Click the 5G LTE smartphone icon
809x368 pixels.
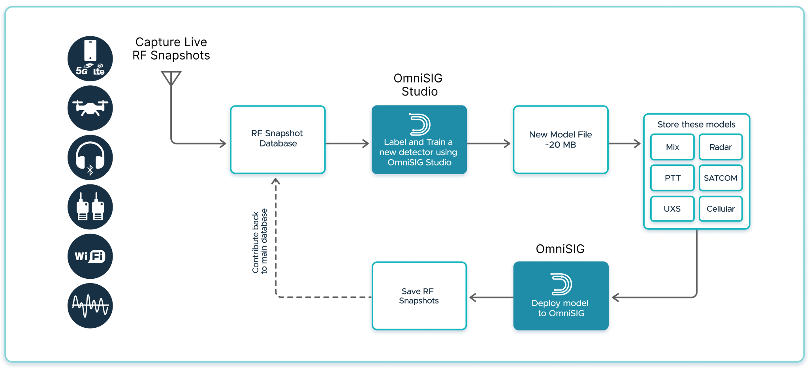(90, 59)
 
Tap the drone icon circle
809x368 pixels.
(90, 108)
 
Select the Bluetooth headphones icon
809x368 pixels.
(90, 158)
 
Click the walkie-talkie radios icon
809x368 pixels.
(90, 207)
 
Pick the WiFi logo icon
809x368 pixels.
(90, 256)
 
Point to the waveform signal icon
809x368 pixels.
(90, 306)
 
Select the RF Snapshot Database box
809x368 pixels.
(277, 139)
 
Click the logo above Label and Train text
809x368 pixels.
(419, 125)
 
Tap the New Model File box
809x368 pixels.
(560, 139)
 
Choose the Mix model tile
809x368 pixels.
(672, 147)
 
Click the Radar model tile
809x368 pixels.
(721, 147)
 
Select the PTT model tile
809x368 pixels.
(672, 178)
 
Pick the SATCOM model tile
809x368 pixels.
(721, 178)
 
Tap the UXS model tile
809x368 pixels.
(672, 209)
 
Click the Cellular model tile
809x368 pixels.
(721, 209)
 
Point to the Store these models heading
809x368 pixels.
(696, 124)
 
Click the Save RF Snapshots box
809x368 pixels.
(419, 296)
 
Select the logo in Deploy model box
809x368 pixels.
(561, 284)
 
